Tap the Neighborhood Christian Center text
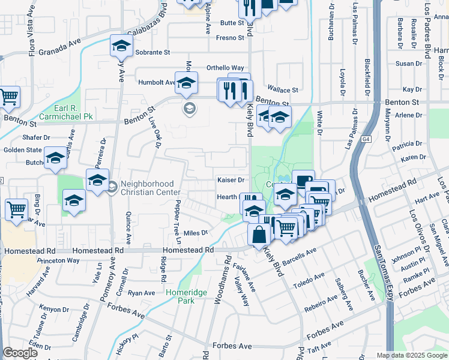147,188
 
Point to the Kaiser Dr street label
231,180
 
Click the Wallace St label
282,90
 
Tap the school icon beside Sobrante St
121,46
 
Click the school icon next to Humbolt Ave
187,84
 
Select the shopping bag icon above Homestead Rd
259,235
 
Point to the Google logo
20,353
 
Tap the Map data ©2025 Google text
412,355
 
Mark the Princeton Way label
58,261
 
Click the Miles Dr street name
196,233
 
